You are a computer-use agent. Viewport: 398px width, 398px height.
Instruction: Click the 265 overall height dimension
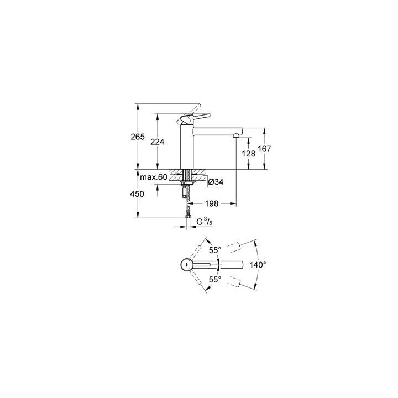pos(138,137)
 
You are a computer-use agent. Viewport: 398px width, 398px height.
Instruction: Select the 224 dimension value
pos(158,142)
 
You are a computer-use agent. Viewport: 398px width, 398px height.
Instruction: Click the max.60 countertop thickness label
pos(153,177)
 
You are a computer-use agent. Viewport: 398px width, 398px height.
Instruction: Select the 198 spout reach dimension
pos(213,203)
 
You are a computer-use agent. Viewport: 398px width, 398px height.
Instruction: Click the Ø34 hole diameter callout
pos(214,181)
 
